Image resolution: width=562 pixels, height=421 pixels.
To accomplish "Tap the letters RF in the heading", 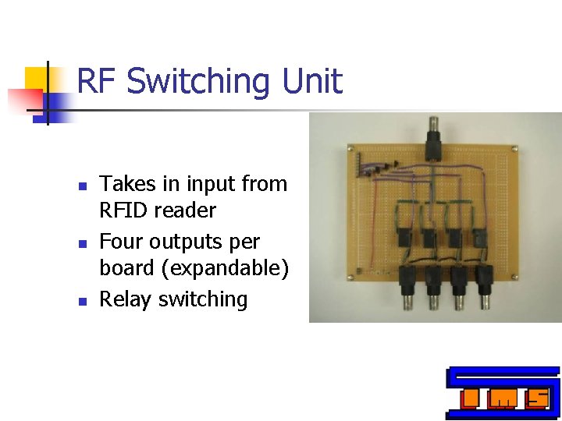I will click(x=97, y=81).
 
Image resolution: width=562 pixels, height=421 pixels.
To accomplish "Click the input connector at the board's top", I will click(x=432, y=136).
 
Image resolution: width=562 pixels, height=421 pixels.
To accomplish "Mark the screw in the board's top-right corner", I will click(x=514, y=147).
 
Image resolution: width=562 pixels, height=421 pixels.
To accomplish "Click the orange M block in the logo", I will click(x=502, y=399).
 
